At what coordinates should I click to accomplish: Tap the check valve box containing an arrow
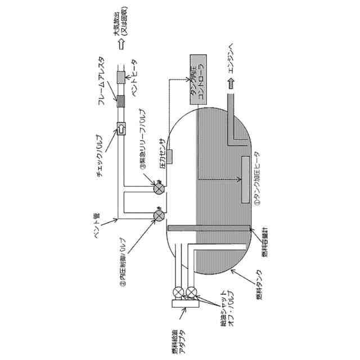[x=121, y=129]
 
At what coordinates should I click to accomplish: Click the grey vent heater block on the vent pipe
[x=120, y=77]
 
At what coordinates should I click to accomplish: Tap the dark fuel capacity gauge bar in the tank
[x=209, y=227]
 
